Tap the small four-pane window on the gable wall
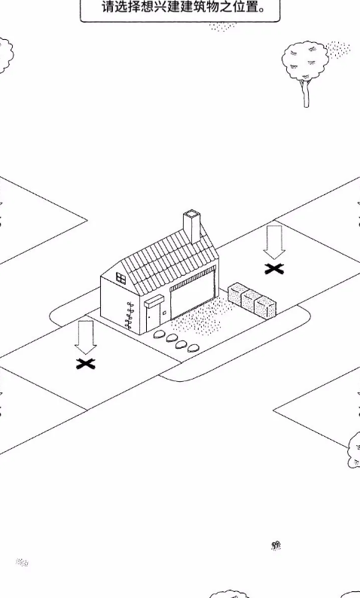point(121,279)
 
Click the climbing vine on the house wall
point(130,315)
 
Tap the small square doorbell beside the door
point(164,313)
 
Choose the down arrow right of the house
point(274,242)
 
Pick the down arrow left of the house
point(86,337)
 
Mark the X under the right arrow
point(274,270)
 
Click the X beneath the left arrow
point(85,364)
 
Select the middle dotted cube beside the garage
point(251,301)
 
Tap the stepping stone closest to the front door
point(159,335)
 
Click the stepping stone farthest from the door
point(194,348)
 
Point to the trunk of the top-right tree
point(306,94)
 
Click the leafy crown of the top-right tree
point(305,61)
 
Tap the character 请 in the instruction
point(108,7)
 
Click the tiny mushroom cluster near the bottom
point(276,545)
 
